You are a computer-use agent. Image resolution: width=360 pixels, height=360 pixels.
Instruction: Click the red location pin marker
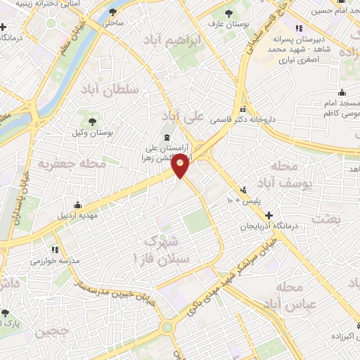(181, 167)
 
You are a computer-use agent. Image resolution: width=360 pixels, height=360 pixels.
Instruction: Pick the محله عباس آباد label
(290, 296)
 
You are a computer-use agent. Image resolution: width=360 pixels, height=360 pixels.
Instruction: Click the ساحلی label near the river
(112, 22)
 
